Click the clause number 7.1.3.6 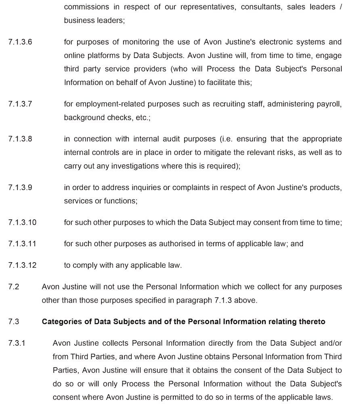(20, 42)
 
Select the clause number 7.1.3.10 (22, 222)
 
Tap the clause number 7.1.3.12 (22, 265)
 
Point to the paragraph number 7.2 (13, 287)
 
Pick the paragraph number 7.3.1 (17, 343)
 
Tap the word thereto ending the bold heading (311, 322)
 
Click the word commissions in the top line (86, 7)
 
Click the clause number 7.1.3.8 (20, 139)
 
